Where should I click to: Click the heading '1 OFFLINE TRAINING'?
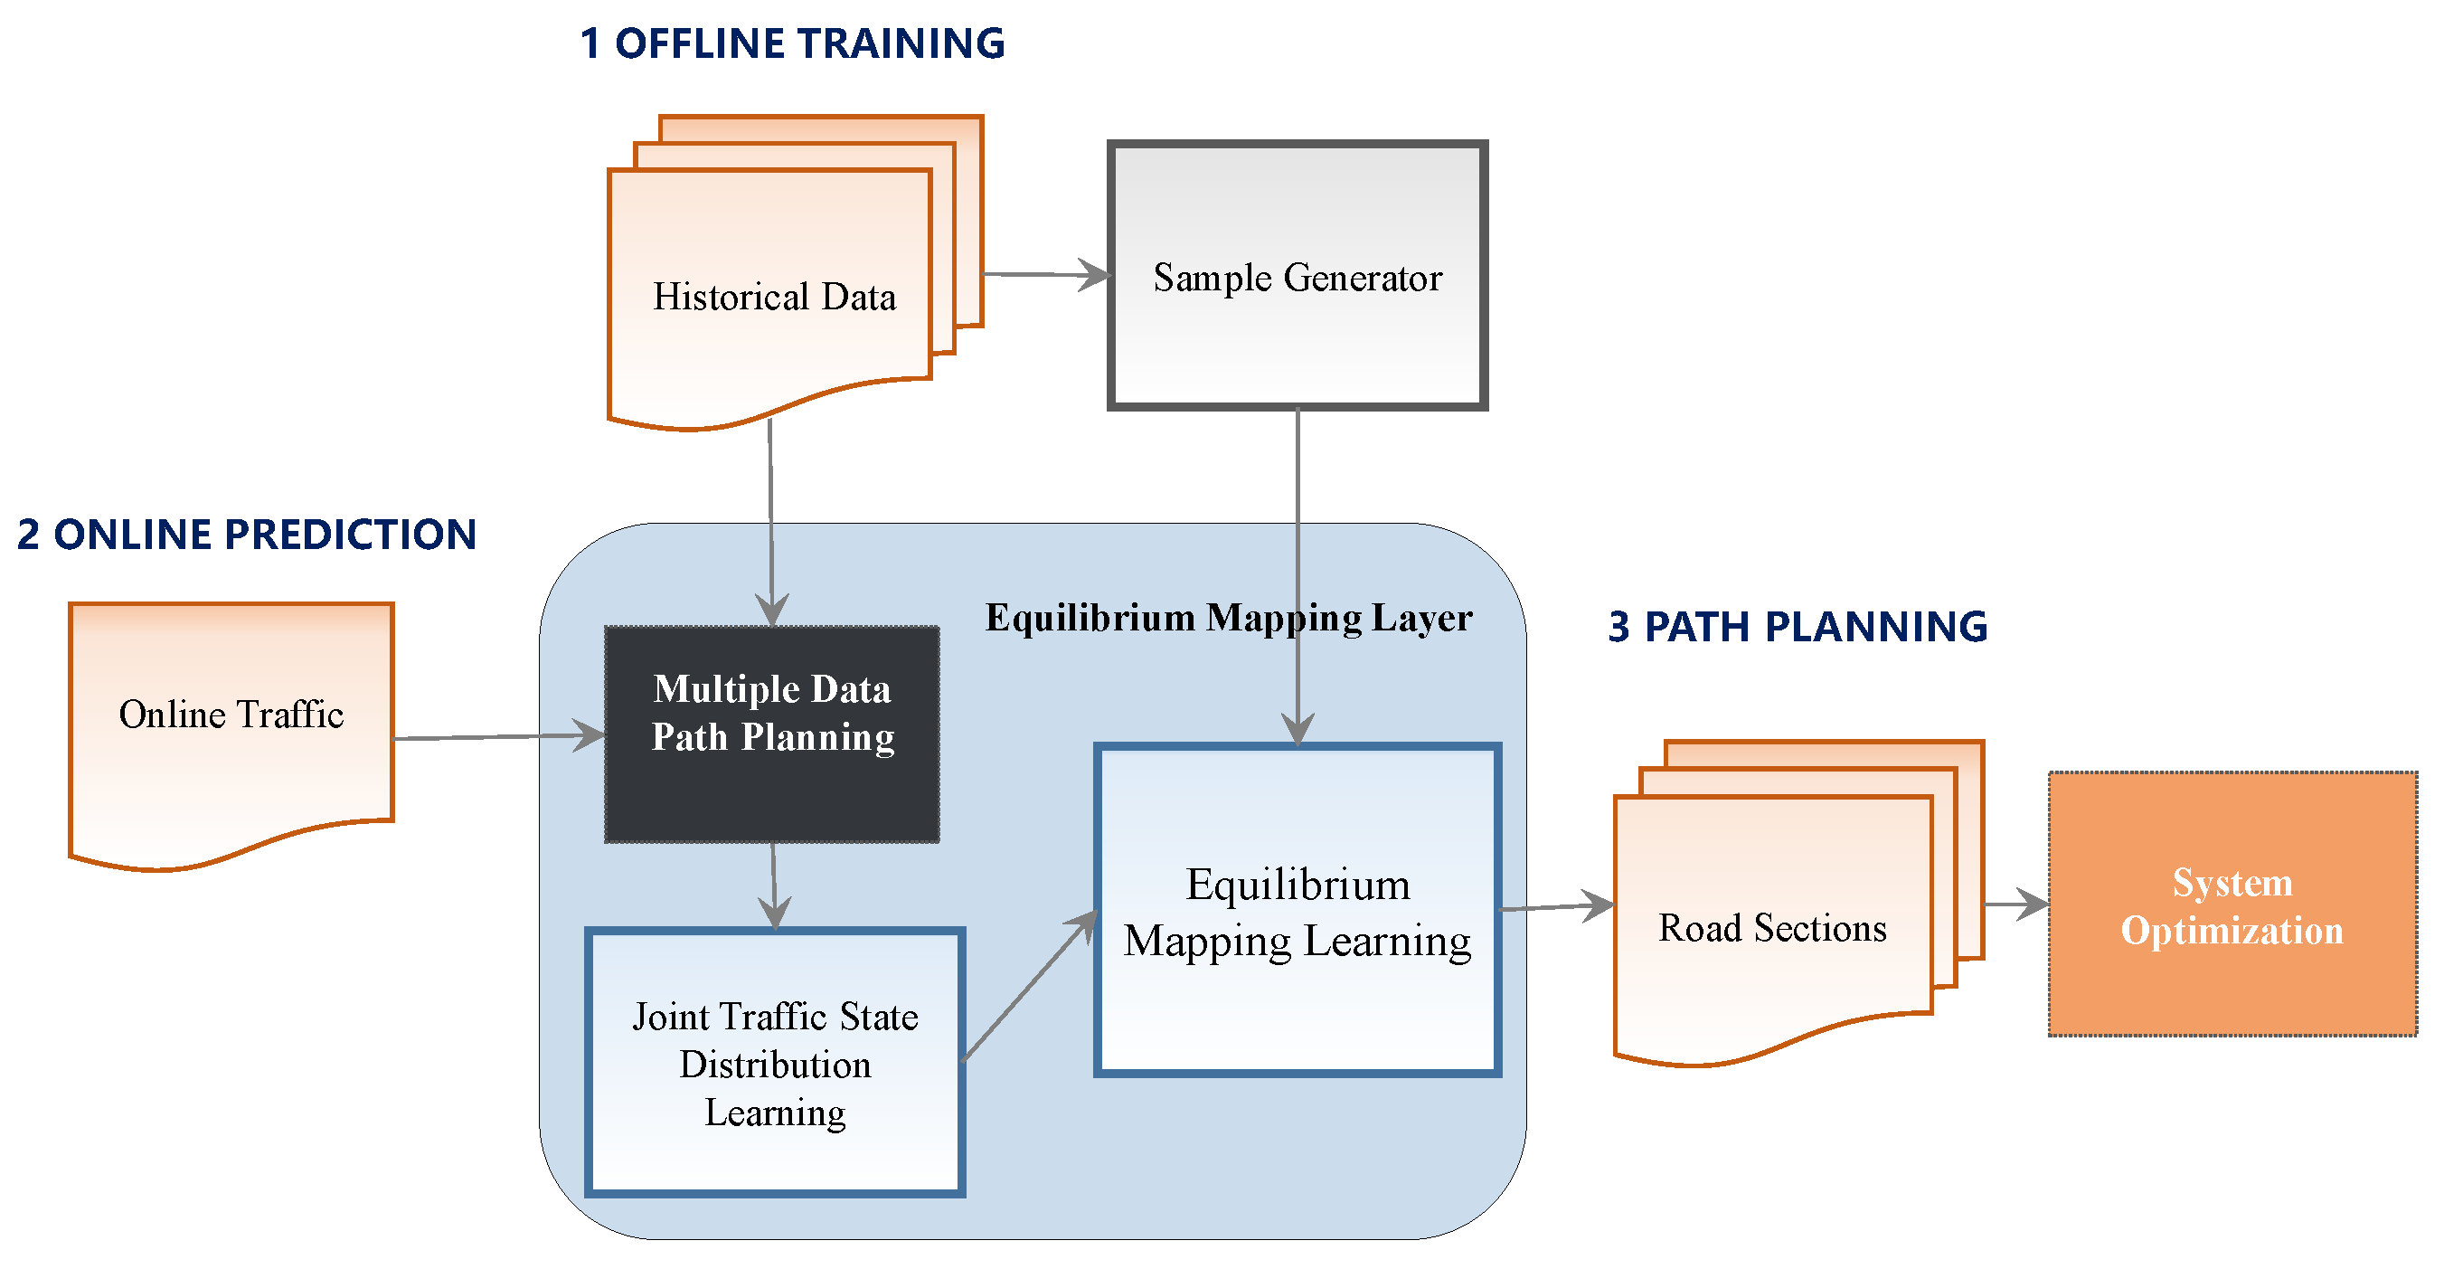(791, 43)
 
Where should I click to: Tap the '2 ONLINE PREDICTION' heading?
(247, 535)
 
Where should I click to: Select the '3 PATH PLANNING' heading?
(1797, 627)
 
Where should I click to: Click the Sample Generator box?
(1297, 342)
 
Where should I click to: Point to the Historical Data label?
(774, 297)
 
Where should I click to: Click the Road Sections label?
(1772, 928)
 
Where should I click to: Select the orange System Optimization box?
(2232, 987)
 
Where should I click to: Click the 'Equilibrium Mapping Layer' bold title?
(1229, 618)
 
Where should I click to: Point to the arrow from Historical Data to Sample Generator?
(1043, 274)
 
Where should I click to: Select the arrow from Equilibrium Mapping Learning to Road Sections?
(1556, 907)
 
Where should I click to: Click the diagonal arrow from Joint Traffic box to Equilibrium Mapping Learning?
(1029, 987)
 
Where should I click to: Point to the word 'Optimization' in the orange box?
(2232, 931)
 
